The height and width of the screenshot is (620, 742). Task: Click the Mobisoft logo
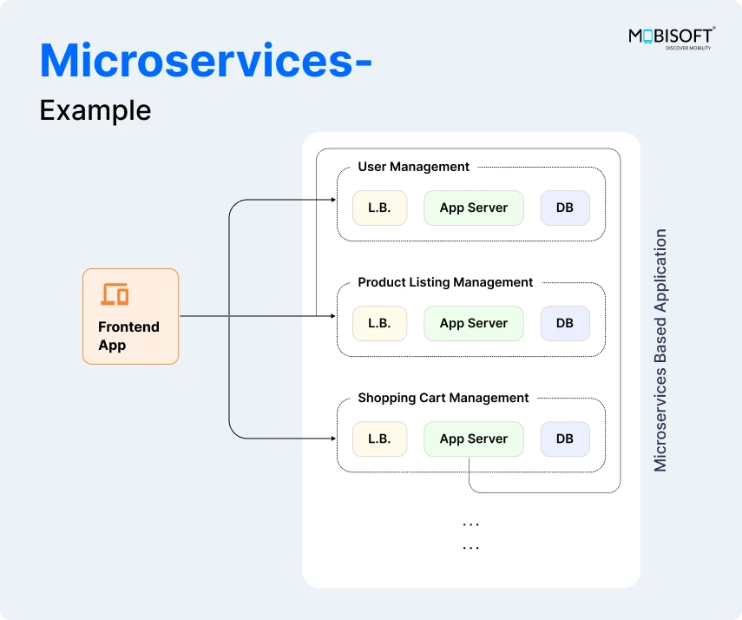click(671, 38)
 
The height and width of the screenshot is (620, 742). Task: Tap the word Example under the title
click(95, 110)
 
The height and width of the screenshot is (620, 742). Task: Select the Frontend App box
click(130, 316)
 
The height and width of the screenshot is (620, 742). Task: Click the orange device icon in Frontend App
click(115, 294)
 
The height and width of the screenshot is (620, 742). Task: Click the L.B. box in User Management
click(379, 208)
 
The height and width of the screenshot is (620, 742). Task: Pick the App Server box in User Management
click(473, 208)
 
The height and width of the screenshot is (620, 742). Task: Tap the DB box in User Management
click(565, 208)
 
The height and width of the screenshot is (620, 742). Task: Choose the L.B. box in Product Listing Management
click(379, 323)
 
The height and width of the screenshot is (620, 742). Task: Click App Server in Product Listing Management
click(473, 323)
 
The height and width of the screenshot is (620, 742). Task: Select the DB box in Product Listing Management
click(565, 323)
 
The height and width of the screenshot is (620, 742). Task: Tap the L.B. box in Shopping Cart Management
click(379, 439)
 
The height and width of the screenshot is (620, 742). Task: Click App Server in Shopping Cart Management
click(473, 439)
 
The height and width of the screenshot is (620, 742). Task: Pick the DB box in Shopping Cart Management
click(565, 439)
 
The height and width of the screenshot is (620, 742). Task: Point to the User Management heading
click(413, 167)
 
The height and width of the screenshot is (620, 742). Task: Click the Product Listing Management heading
click(445, 282)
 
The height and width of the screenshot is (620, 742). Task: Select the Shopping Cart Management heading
click(443, 398)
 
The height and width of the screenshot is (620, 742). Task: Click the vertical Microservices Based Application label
click(661, 350)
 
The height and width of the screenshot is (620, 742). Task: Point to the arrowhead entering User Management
click(332, 201)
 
